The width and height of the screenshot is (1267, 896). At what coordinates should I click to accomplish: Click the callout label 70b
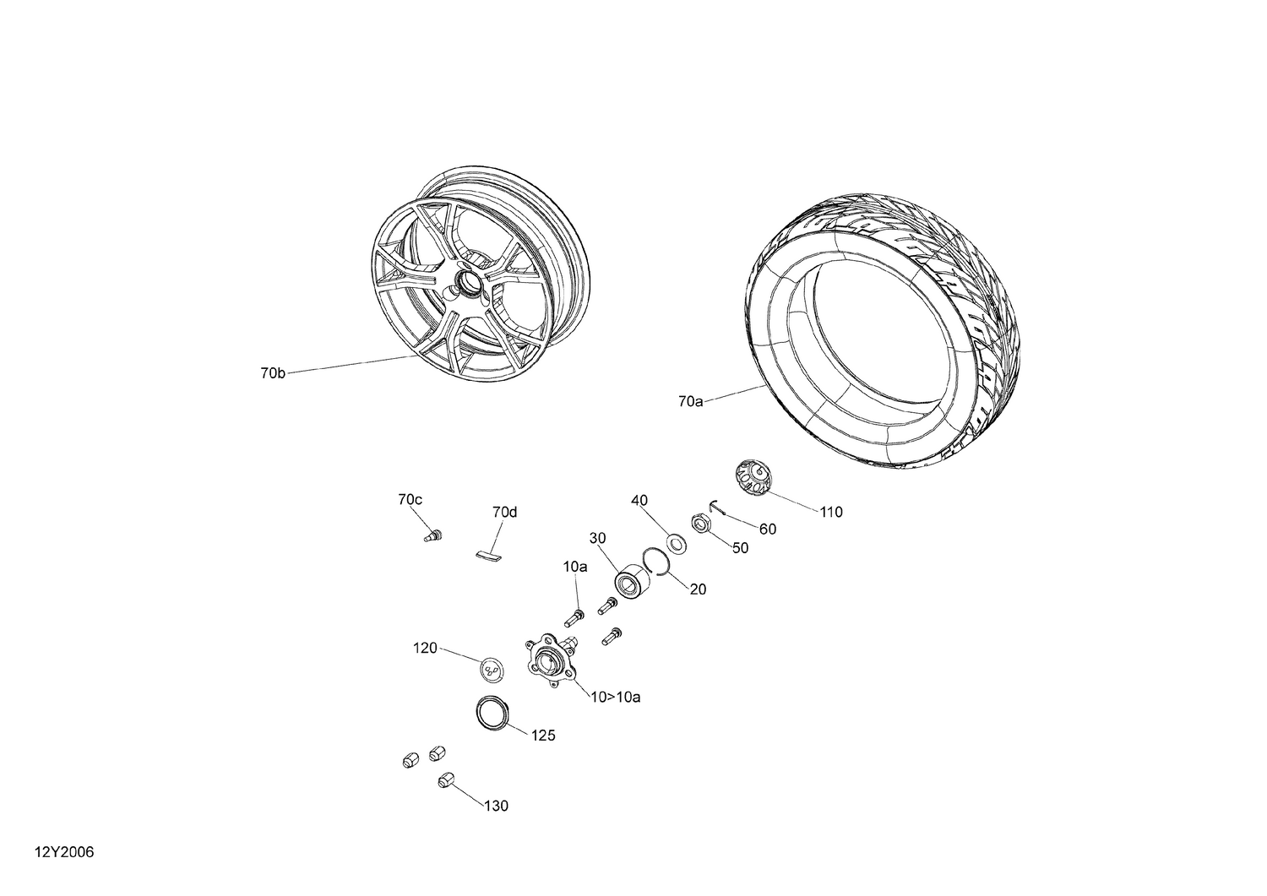click(273, 372)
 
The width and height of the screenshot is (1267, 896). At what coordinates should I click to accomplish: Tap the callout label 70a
click(690, 401)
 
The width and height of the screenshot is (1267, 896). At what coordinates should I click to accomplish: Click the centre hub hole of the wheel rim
click(467, 280)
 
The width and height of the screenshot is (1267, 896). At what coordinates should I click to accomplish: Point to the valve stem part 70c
click(433, 535)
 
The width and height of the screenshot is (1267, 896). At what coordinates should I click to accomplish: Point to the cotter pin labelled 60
click(715, 506)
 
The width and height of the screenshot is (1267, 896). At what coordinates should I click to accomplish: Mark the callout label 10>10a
click(615, 697)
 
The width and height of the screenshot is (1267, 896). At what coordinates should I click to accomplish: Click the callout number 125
click(543, 735)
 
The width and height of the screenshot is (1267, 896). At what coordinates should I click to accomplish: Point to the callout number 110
click(830, 512)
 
